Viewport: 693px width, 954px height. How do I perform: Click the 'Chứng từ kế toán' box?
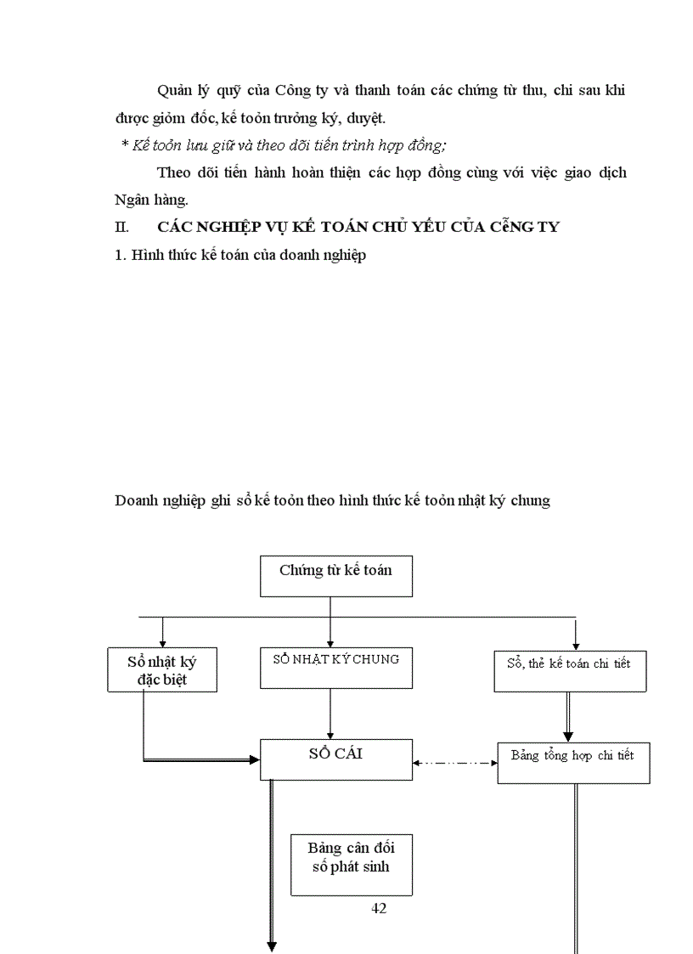pyautogui.click(x=335, y=576)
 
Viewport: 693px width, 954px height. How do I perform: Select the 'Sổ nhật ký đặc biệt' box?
pyautogui.click(x=162, y=669)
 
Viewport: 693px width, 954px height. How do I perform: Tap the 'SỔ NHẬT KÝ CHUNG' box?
pyautogui.click(x=335, y=668)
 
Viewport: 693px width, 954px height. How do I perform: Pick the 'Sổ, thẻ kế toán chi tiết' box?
pyautogui.click(x=570, y=670)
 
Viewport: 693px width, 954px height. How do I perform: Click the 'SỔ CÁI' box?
pyautogui.click(x=335, y=759)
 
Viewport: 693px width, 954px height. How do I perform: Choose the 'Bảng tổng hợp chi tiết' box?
pyautogui.click(x=573, y=761)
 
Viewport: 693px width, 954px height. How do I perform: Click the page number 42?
pyautogui.click(x=379, y=908)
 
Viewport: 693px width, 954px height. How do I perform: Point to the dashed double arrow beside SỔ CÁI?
pyautogui.click(x=455, y=762)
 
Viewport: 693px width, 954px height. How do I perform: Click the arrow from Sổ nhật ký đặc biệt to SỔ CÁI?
pyautogui.click(x=200, y=759)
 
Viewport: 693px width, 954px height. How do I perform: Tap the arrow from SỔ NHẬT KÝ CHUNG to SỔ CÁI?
pyautogui.click(x=330, y=713)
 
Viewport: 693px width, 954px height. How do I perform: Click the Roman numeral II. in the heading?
pyautogui.click(x=121, y=228)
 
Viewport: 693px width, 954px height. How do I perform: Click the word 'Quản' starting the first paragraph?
pyautogui.click(x=175, y=91)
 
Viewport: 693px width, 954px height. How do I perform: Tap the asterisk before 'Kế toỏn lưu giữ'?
pyautogui.click(x=125, y=146)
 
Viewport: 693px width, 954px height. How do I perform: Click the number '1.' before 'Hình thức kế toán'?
pyautogui.click(x=120, y=255)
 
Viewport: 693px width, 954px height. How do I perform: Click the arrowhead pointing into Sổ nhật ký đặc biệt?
pyautogui.click(x=162, y=642)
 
